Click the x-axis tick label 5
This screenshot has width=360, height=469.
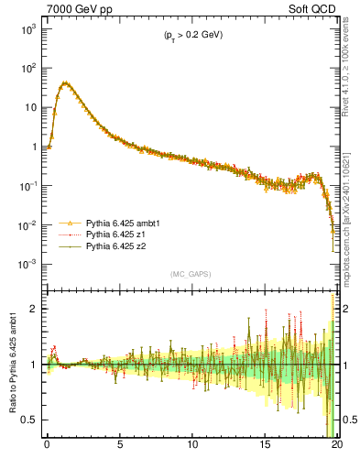click(x=120, y=446)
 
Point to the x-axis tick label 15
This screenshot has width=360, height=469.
click(x=266, y=446)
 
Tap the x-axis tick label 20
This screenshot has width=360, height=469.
click(x=337, y=446)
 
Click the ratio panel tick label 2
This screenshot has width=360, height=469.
click(x=32, y=309)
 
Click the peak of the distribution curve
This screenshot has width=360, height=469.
click(x=65, y=82)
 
